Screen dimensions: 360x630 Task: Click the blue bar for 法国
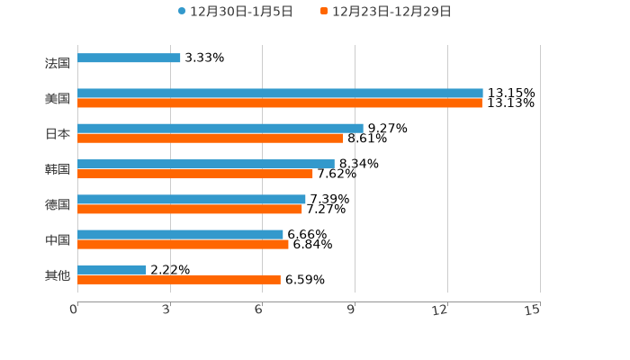point(129,58)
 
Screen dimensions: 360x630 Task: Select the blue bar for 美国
point(280,94)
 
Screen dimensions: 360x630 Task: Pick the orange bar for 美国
point(280,103)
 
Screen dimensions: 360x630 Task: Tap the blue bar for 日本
point(220,129)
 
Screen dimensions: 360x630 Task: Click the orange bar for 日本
point(211,139)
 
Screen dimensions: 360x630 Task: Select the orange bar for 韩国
point(195,174)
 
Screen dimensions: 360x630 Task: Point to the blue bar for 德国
point(192,199)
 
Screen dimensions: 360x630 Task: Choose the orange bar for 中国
point(183,244)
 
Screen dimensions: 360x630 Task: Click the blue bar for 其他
point(112,269)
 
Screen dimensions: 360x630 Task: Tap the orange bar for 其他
point(179,279)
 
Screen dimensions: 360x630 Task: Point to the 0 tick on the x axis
point(74,310)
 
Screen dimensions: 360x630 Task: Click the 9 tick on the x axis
point(351,310)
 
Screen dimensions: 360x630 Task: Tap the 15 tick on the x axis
point(533,310)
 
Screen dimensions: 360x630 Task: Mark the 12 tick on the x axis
point(440,310)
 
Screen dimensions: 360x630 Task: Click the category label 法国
point(58,63)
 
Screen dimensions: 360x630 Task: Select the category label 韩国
point(58,169)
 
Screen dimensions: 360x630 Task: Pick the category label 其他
point(58,274)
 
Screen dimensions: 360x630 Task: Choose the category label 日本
point(58,134)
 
